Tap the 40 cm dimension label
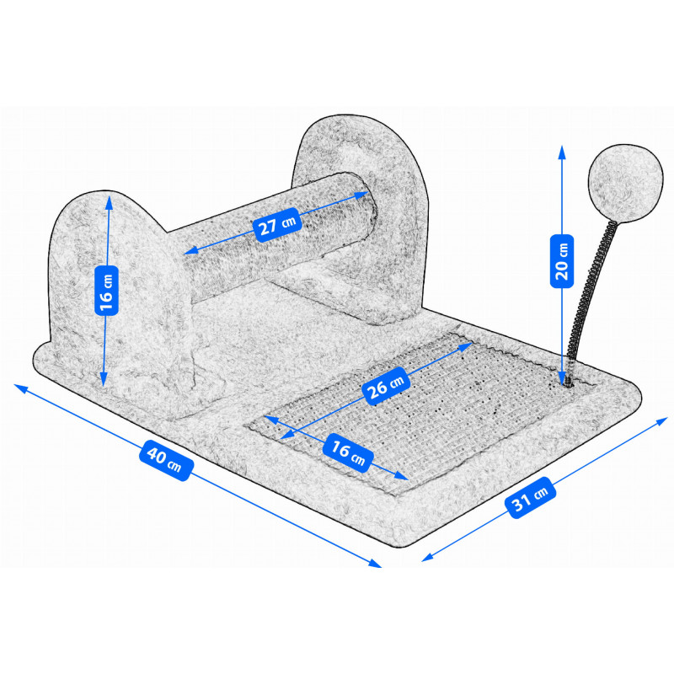pyautogui.click(x=166, y=460)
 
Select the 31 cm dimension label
pyautogui.click(x=531, y=498)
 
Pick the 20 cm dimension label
pyautogui.click(x=562, y=261)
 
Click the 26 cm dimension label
pyautogui.click(x=385, y=386)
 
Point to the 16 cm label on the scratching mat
pyautogui.click(x=348, y=452)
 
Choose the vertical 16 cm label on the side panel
pyautogui.click(x=106, y=290)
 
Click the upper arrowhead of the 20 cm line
pyautogui.click(x=562, y=152)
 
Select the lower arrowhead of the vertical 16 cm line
pyautogui.click(x=104, y=380)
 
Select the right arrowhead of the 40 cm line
pyautogui.click(x=375, y=564)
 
